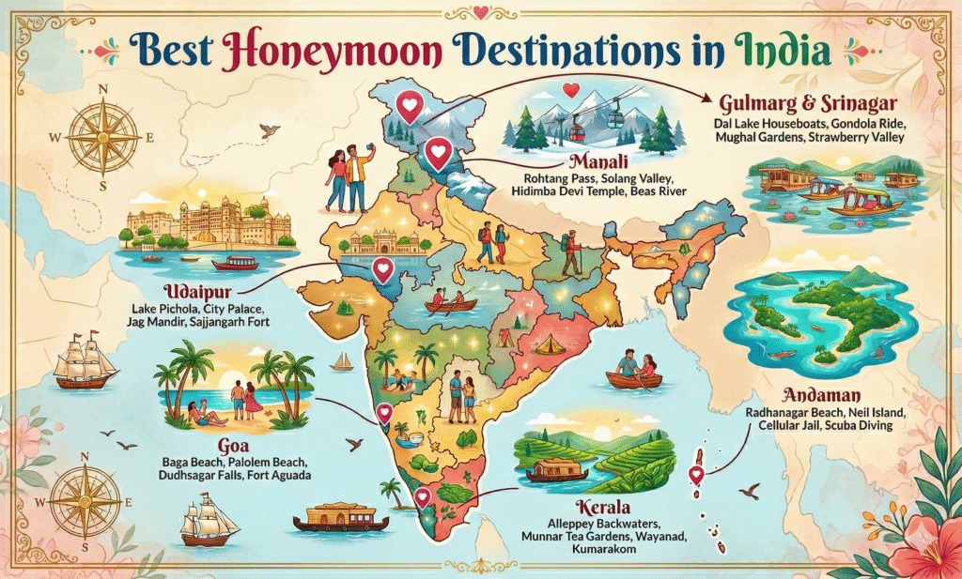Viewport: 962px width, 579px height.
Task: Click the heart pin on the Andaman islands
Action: click(696, 474)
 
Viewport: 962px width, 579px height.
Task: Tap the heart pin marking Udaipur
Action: click(382, 270)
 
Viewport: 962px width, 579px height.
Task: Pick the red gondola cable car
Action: click(582, 112)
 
